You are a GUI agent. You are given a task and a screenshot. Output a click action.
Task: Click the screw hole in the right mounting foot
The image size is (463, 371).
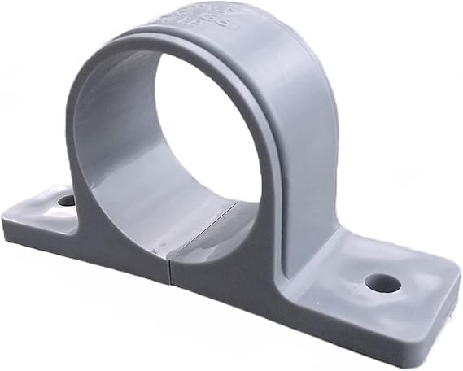[382, 283]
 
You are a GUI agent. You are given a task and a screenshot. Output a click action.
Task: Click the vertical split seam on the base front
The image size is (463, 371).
[172, 273]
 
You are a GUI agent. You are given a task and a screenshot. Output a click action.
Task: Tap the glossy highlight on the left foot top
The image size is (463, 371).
[37, 207]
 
